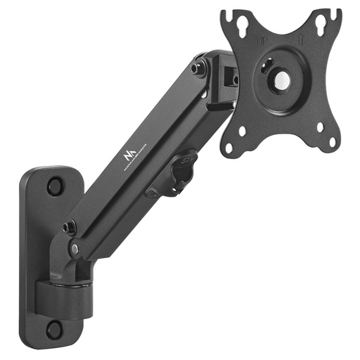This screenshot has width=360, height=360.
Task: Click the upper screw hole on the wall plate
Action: click(54, 187)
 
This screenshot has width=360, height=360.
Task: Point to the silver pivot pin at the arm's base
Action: click(75, 249)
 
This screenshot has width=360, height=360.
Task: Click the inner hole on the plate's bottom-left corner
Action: click(241, 129)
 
